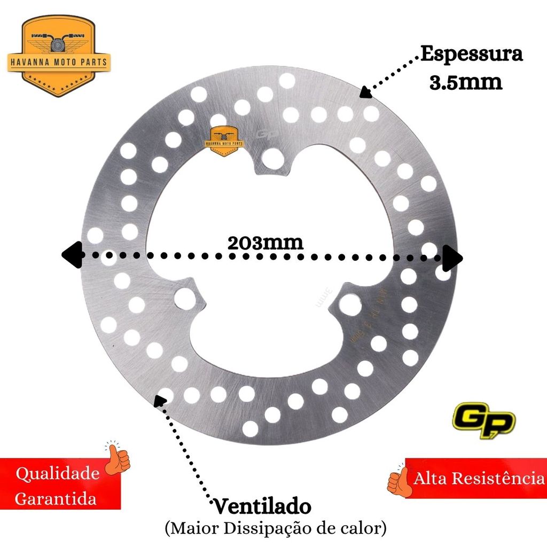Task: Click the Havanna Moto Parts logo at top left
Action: coord(59,56)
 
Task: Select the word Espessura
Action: coord(471,54)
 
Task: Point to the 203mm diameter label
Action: coord(265,242)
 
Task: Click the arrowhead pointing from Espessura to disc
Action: coord(365,93)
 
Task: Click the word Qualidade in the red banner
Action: coord(58,474)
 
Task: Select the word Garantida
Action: coord(56,499)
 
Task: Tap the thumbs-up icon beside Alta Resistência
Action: coord(398,481)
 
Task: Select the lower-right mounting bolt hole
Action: coord(351,304)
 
